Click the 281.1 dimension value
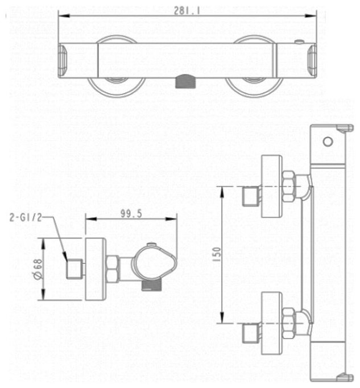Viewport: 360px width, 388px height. coord(187,10)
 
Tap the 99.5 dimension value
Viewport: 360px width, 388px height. coord(131,213)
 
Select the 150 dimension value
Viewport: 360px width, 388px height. coord(216,255)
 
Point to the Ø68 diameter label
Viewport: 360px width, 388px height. coord(38,270)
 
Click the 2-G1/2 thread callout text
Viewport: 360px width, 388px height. coord(26,217)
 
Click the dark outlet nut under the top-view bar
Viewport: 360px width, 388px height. coord(185,82)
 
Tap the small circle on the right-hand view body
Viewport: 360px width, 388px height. coord(328,142)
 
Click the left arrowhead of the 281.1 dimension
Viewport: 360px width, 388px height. coord(64,15)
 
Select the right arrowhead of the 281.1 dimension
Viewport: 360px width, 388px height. coord(311,15)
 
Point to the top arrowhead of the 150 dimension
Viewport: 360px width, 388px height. coord(222,192)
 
